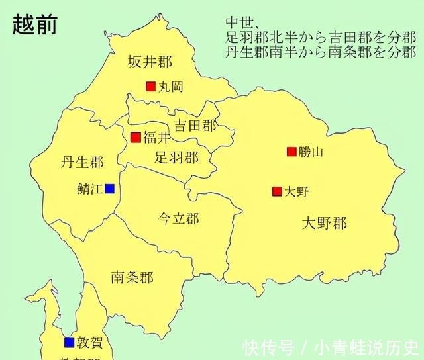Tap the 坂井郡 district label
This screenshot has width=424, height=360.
coord(150,62)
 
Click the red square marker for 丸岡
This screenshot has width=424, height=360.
coord(151,86)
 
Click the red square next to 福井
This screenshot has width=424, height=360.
coord(136,138)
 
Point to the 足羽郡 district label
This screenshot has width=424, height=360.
coord(176,157)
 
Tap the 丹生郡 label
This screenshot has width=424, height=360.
coord(82,162)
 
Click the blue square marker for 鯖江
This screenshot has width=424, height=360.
coord(109,189)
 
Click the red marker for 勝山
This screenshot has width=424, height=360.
coord(291,152)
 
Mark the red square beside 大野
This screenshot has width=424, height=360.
coord(277,192)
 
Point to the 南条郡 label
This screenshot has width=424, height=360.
coord(132,277)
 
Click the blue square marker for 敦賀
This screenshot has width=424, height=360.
coord(69,342)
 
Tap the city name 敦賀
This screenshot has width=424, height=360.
coord(88,342)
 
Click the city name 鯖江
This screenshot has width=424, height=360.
coord(90,189)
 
